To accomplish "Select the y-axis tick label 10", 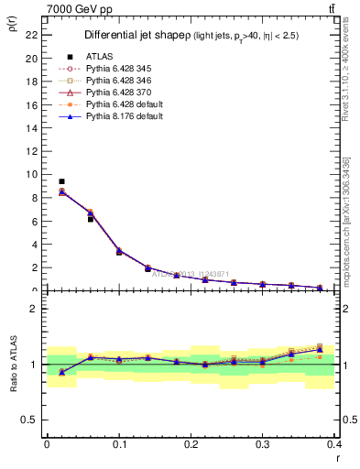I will pyautogui.click(x=33, y=174).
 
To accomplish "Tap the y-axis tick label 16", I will pyautogui.click(x=33, y=104).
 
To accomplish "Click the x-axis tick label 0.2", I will pyautogui.click(x=191, y=443).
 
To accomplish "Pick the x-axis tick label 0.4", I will pyautogui.click(x=334, y=443).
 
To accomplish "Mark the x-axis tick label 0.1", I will pyautogui.click(x=119, y=443).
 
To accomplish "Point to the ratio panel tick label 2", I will pyautogui.click(x=36, y=309).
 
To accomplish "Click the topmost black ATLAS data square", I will pyautogui.click(x=61, y=181).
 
